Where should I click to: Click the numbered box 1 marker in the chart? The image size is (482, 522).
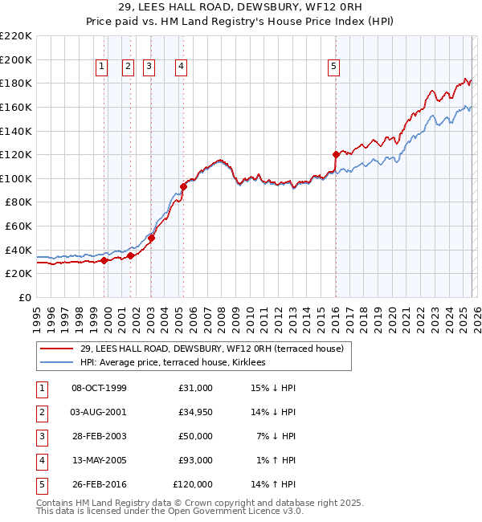103,67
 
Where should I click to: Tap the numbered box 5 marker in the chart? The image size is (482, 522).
334,67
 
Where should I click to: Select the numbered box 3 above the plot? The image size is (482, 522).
149,67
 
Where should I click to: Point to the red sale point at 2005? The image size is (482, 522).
183,186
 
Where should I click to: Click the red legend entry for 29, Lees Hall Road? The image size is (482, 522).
211,349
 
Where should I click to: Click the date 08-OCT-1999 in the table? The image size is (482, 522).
99,388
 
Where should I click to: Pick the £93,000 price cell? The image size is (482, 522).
193,460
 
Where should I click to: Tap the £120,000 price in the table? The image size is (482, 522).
193,484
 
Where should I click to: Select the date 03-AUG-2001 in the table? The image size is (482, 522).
99,412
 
